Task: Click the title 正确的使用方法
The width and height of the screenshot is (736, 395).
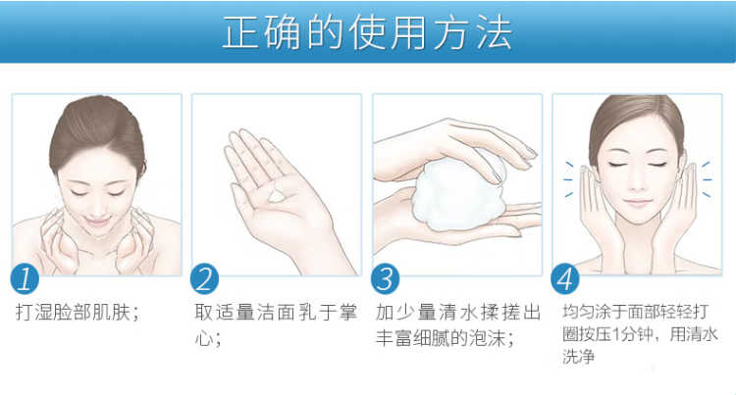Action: (x=367, y=32)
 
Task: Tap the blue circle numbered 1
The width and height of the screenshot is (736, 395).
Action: (x=25, y=278)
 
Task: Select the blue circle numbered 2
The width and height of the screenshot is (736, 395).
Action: (x=205, y=278)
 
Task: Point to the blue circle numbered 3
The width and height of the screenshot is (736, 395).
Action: (x=385, y=278)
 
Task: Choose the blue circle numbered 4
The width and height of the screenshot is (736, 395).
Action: (x=565, y=279)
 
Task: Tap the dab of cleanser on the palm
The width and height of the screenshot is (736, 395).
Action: (x=277, y=196)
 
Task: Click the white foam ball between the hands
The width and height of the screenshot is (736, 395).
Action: (x=458, y=193)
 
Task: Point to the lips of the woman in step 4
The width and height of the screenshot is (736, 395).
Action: (x=637, y=203)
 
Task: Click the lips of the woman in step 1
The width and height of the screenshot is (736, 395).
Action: (x=97, y=220)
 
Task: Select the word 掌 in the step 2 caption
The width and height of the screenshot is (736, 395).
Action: (x=347, y=312)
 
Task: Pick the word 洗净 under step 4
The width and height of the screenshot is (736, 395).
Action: (x=578, y=357)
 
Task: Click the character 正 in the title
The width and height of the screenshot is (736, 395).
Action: (x=240, y=32)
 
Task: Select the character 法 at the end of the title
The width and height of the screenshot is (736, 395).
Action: (x=495, y=32)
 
